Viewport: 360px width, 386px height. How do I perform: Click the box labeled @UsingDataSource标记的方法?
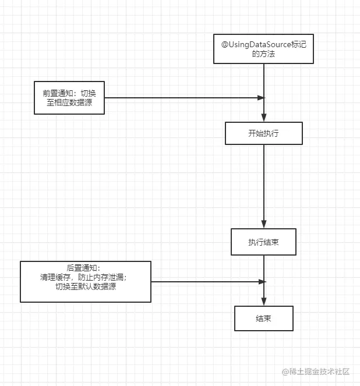(263, 49)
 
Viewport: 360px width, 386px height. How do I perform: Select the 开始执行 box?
(264, 133)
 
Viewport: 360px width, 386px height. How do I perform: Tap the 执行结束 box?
(263, 242)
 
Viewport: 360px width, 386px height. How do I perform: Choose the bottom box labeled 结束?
(264, 318)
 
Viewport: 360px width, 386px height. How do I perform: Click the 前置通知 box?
(69, 98)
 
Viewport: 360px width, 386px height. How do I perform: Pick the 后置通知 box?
(86, 282)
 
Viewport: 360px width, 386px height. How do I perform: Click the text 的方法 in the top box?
(263, 54)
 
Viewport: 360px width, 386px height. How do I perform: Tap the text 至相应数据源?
(69, 102)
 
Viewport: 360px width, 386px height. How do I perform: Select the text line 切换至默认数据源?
(86, 286)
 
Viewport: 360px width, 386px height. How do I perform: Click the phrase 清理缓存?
(55, 277)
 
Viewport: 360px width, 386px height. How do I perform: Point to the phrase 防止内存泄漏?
(101, 277)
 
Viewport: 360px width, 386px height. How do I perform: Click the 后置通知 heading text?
(82, 268)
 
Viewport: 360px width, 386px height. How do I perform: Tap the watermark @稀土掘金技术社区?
(316, 371)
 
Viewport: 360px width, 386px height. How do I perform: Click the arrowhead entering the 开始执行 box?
(264, 118)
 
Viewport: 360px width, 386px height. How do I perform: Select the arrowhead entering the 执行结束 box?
(264, 224)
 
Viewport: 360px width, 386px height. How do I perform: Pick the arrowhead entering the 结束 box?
(264, 302)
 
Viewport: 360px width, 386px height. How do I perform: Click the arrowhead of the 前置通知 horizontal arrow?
(261, 98)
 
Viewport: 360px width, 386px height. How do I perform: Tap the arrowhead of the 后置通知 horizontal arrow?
(262, 282)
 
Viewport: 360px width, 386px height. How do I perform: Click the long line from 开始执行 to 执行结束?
(264, 187)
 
